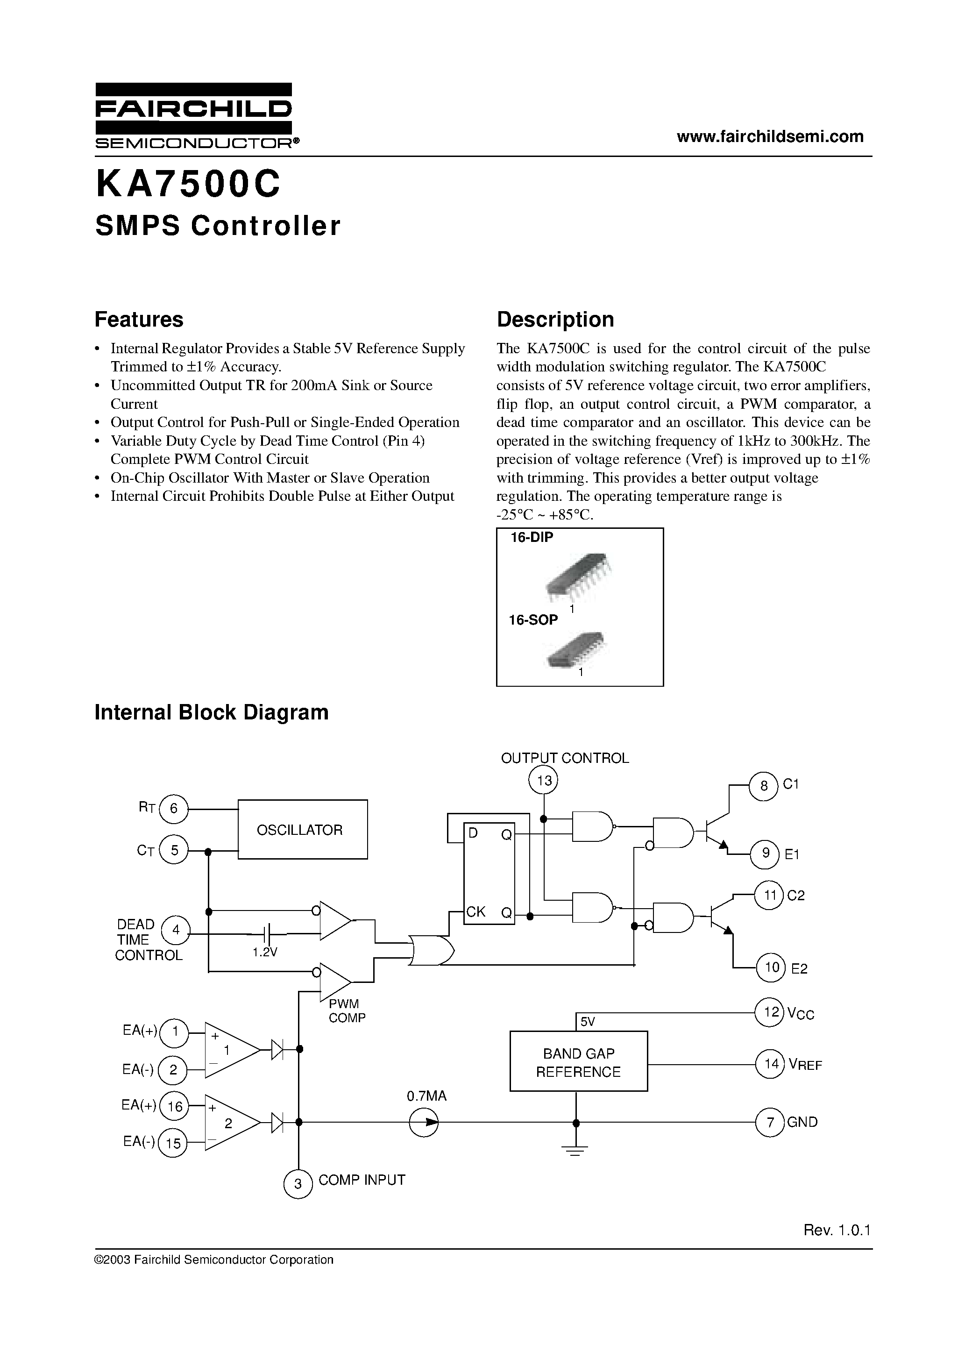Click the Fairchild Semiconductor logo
[194, 116]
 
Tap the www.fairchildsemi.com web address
[770, 137]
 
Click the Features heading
[139, 320]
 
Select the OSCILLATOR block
[302, 829]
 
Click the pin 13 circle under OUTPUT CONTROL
[544, 780]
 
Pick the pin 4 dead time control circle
[176, 931]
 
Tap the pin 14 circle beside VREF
[771, 1063]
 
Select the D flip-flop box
[489, 872]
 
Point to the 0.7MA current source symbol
[424, 1123]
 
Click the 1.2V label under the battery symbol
[265, 953]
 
